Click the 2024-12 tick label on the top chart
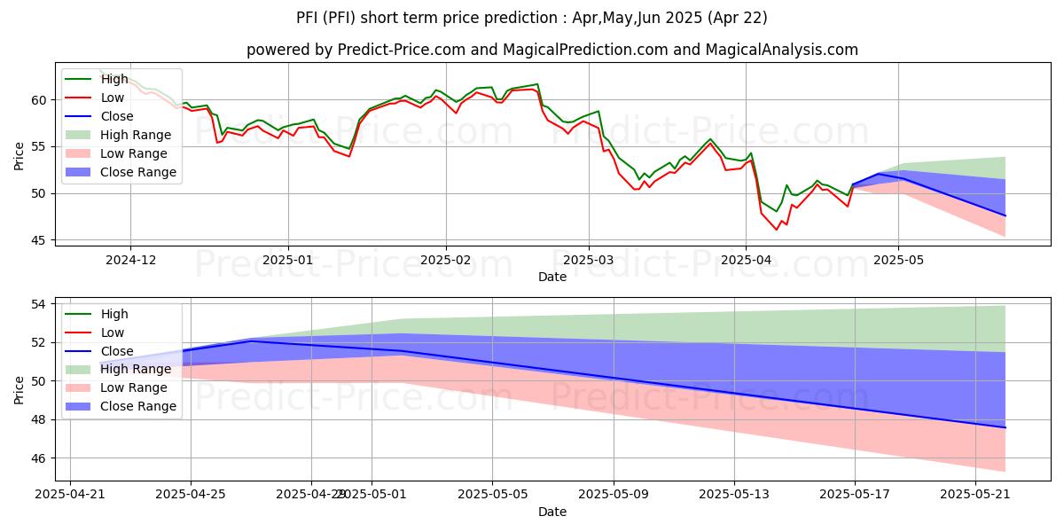[130, 260]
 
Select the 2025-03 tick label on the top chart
[589, 260]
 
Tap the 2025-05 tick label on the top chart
[898, 260]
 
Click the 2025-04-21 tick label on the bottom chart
[70, 494]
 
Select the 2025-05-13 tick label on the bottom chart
[734, 494]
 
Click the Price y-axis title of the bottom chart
[20, 389]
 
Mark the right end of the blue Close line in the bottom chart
[1005, 427]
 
